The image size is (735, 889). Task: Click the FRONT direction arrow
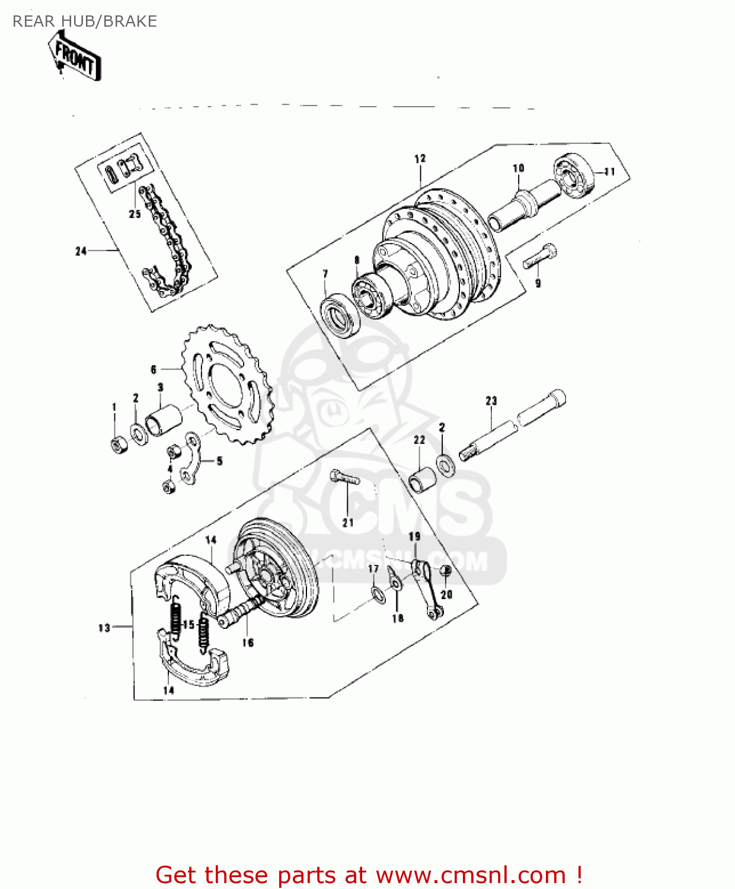76,56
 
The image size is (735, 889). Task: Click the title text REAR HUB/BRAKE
85,21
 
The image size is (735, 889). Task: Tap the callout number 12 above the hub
420,159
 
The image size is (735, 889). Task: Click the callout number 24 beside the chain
81,251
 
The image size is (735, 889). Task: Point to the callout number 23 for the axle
491,401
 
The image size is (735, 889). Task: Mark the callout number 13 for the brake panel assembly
104,628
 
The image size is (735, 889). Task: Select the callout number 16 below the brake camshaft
248,642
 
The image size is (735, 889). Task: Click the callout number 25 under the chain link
135,213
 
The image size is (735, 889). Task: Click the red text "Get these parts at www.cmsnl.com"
369,874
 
